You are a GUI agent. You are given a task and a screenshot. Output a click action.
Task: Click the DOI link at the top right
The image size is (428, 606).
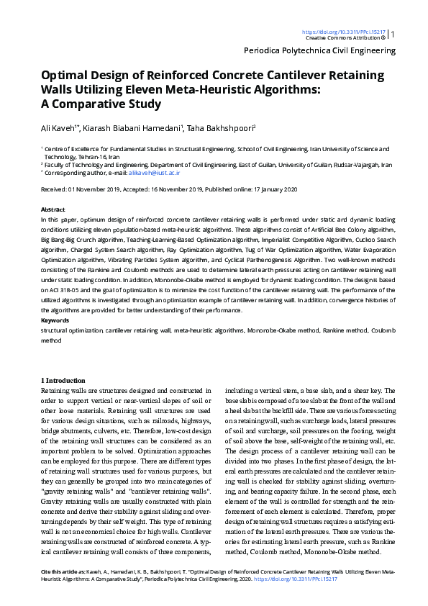pos(344,32)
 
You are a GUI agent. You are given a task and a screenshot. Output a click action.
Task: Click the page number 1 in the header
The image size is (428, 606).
pos(393,34)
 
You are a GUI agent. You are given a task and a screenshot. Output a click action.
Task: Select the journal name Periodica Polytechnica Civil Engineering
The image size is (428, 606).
pos(320,51)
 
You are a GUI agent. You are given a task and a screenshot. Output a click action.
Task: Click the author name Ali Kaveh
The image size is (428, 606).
pos(59,128)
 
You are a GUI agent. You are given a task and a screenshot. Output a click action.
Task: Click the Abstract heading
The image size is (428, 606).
pos(53,208)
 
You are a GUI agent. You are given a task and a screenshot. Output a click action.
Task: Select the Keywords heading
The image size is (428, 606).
pos(55,320)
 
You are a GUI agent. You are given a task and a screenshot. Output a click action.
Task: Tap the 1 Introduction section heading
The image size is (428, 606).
pos(64,380)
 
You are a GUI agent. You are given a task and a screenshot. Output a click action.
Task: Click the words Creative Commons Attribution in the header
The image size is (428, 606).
pos(342,37)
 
